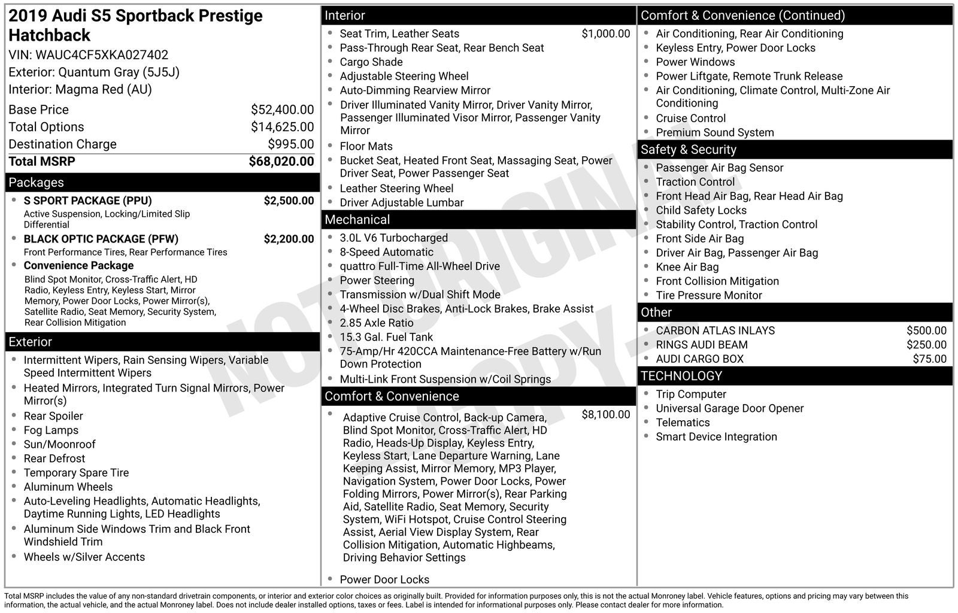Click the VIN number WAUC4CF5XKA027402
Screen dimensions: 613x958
[x=102, y=55]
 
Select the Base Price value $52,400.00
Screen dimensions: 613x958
[x=282, y=110]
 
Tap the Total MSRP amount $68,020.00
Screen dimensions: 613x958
[x=281, y=162]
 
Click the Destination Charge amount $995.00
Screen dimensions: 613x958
[x=290, y=144]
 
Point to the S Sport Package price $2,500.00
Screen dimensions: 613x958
[x=289, y=201]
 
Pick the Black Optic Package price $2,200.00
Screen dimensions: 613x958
[x=289, y=239]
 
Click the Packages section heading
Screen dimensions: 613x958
[x=36, y=183]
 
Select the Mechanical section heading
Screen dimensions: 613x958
[x=357, y=220]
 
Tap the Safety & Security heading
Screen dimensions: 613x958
[x=688, y=150]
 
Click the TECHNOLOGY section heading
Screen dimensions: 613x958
[x=681, y=376]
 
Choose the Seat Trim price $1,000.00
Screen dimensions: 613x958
[x=605, y=34]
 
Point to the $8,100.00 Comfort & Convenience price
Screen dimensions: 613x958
[x=605, y=414]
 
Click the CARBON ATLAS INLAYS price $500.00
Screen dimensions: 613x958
[x=926, y=330]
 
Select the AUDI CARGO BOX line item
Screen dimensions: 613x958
[x=699, y=359]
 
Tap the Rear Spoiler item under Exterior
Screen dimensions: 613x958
[x=53, y=416]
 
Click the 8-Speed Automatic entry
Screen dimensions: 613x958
[x=386, y=252]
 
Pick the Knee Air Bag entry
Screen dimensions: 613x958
[x=687, y=267]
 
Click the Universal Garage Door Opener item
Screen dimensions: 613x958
[x=729, y=408]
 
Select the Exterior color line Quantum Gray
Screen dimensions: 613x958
[x=94, y=72]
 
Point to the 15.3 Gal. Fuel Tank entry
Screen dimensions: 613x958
[x=386, y=337]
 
